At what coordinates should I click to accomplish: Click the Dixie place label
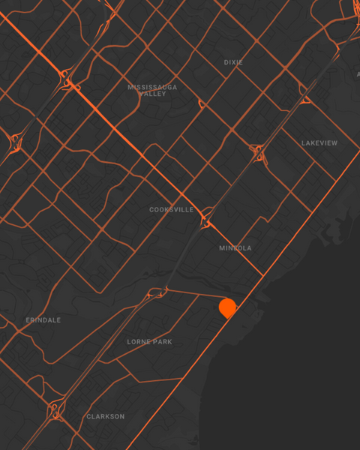(x=233, y=62)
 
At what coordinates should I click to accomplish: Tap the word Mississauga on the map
(x=152, y=87)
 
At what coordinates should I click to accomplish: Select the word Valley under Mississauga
(x=152, y=94)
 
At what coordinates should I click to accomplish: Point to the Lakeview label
(x=319, y=143)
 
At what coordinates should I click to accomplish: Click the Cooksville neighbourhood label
(x=172, y=210)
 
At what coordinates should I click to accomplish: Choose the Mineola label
(x=235, y=248)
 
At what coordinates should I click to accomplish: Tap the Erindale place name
(x=43, y=320)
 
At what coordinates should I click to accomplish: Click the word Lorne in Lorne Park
(x=139, y=342)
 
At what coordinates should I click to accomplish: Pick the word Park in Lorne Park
(x=162, y=342)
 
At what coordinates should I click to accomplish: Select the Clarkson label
(x=106, y=417)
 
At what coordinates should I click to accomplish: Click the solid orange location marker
(x=227, y=307)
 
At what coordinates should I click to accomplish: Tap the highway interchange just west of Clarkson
(x=55, y=409)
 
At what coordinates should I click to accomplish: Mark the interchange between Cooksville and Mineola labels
(x=205, y=221)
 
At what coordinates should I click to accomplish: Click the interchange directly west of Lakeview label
(x=258, y=152)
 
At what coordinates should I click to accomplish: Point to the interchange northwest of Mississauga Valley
(x=70, y=79)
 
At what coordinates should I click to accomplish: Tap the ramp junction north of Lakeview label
(x=305, y=98)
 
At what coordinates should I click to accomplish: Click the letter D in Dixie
(x=226, y=62)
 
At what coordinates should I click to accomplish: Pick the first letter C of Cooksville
(x=151, y=210)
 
